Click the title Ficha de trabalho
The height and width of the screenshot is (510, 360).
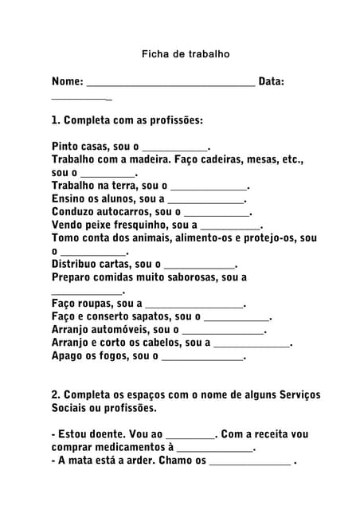pyautogui.click(x=186, y=54)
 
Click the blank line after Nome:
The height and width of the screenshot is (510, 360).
pyautogui.click(x=170, y=82)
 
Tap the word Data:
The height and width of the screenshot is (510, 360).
pyautogui.click(x=272, y=81)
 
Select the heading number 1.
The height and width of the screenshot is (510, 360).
pyautogui.click(x=55, y=120)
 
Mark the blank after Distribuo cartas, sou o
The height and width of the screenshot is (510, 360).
pyautogui.click(x=199, y=265)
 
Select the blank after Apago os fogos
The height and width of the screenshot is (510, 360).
pyautogui.click(x=202, y=356)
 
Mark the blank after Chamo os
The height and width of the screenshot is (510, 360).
pyautogui.click(x=249, y=461)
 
